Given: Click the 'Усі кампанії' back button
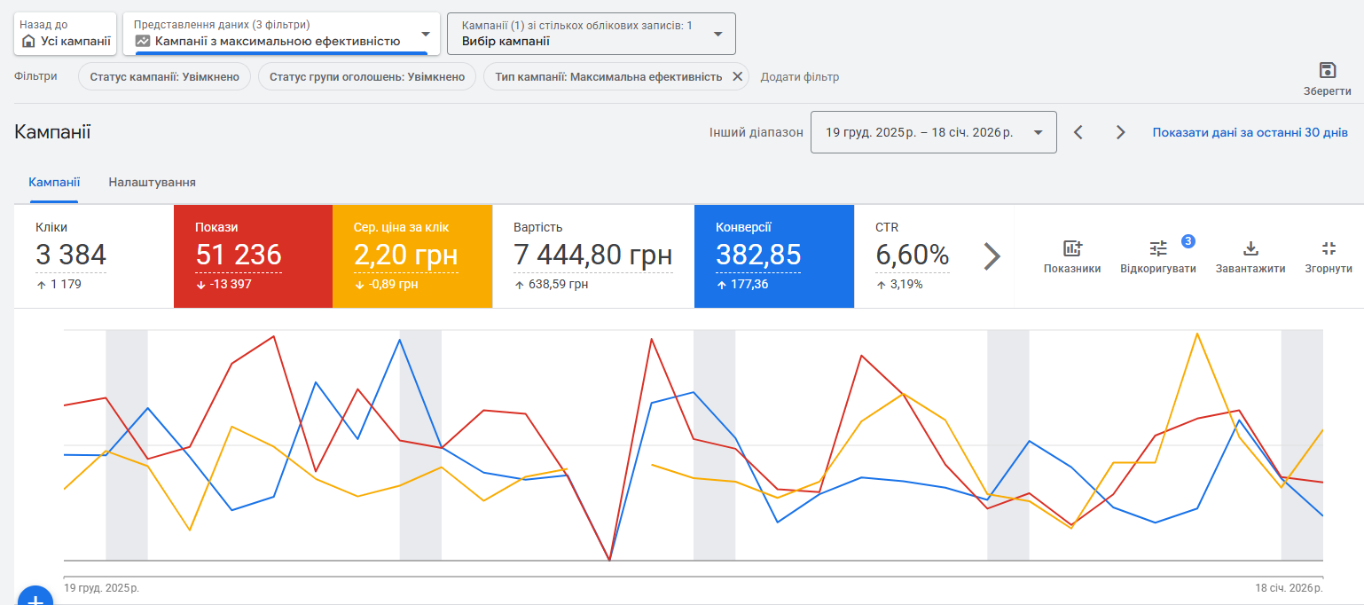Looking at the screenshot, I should pyautogui.click(x=66, y=34).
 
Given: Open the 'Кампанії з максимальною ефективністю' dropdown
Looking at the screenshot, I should pyautogui.click(x=281, y=34).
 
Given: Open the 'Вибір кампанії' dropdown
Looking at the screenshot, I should pyautogui.click(x=591, y=34).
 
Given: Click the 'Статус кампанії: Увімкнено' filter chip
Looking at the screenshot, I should pyautogui.click(x=164, y=77).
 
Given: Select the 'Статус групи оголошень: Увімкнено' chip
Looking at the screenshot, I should pyautogui.click(x=366, y=77).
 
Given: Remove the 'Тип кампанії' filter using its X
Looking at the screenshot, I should pyautogui.click(x=737, y=77).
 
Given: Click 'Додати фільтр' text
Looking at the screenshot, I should pyautogui.click(x=799, y=77).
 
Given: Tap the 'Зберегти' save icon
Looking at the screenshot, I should pyautogui.click(x=1327, y=71).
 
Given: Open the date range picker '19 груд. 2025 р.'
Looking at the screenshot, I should pyautogui.click(x=933, y=132).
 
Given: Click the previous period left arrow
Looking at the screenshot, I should pyautogui.click(x=1078, y=132).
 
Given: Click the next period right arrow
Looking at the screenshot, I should pyautogui.click(x=1120, y=132).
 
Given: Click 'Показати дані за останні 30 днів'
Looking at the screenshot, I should pyautogui.click(x=1250, y=132).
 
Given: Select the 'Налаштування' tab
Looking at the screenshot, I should pyautogui.click(x=152, y=182).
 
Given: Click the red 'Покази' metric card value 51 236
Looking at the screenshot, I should pyautogui.click(x=239, y=255).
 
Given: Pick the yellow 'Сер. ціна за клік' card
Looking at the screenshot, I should pyautogui.click(x=412, y=255).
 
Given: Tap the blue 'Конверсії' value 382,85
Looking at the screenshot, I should pyautogui.click(x=758, y=255).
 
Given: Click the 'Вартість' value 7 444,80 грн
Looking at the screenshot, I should pyautogui.click(x=592, y=255).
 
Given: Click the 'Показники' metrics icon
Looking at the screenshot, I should pyautogui.click(x=1072, y=255).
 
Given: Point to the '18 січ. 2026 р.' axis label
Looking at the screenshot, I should pyautogui.click(x=1289, y=588).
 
